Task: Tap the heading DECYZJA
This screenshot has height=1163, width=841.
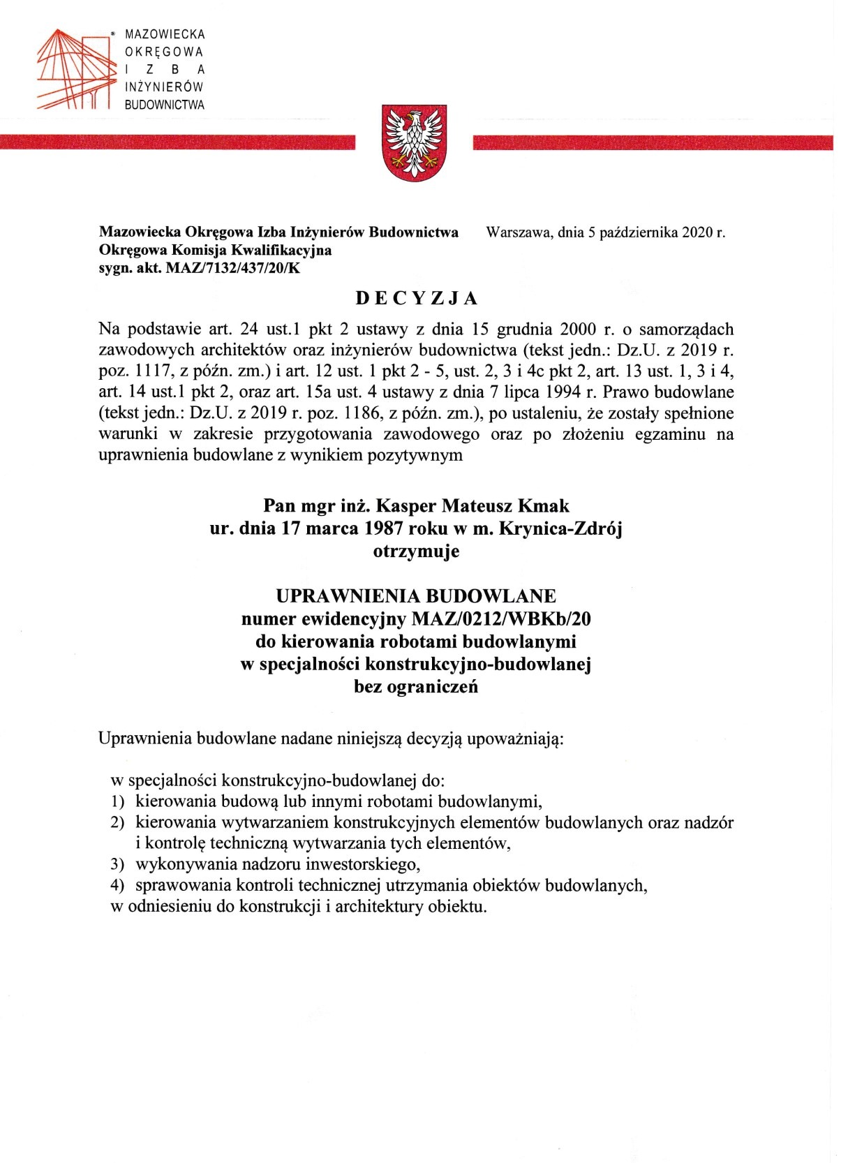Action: [417, 298]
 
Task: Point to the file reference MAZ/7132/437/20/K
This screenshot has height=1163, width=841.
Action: [233, 267]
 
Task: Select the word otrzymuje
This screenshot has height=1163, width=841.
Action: [417, 551]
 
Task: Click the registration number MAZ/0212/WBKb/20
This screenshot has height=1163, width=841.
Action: [502, 618]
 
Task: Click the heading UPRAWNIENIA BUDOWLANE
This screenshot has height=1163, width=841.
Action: [417, 596]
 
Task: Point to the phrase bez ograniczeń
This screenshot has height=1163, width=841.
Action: [417, 686]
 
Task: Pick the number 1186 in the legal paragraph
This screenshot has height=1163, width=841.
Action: [321, 413]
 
